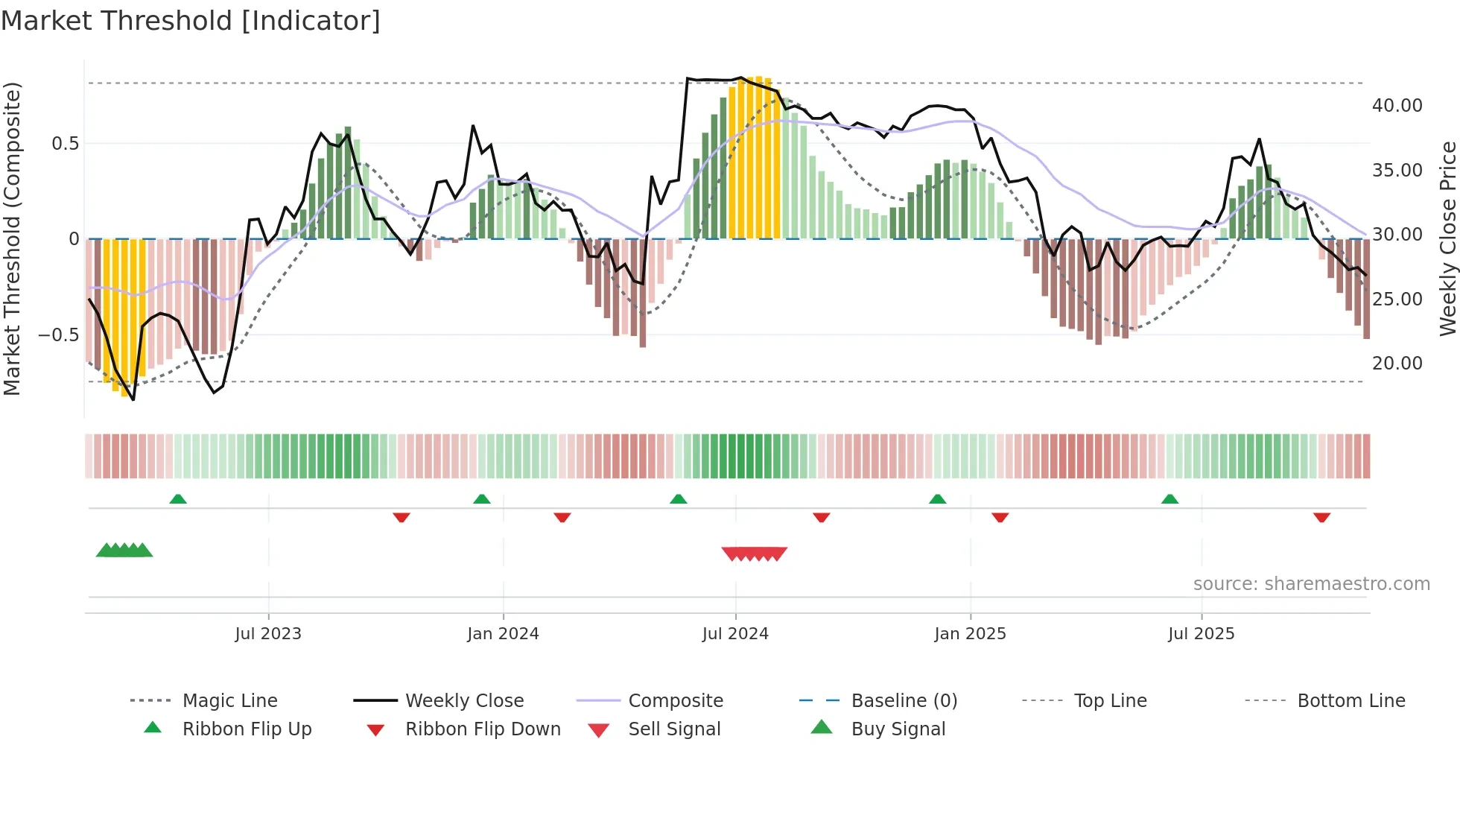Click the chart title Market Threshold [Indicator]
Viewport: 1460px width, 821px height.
coord(191,21)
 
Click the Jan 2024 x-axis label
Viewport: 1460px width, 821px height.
coord(503,634)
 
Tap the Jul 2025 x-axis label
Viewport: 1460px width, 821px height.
coord(1201,634)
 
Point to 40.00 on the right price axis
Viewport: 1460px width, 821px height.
coord(1397,106)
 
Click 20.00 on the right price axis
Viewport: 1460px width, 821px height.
coord(1397,364)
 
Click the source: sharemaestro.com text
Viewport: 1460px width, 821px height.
coord(1311,584)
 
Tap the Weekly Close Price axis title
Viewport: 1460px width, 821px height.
coord(1447,238)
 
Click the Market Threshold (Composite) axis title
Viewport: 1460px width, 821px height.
coord(12,238)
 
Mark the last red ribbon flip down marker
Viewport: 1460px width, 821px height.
coord(1321,517)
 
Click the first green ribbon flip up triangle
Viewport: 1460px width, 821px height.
coord(178,499)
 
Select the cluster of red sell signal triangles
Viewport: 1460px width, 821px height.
coord(754,554)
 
